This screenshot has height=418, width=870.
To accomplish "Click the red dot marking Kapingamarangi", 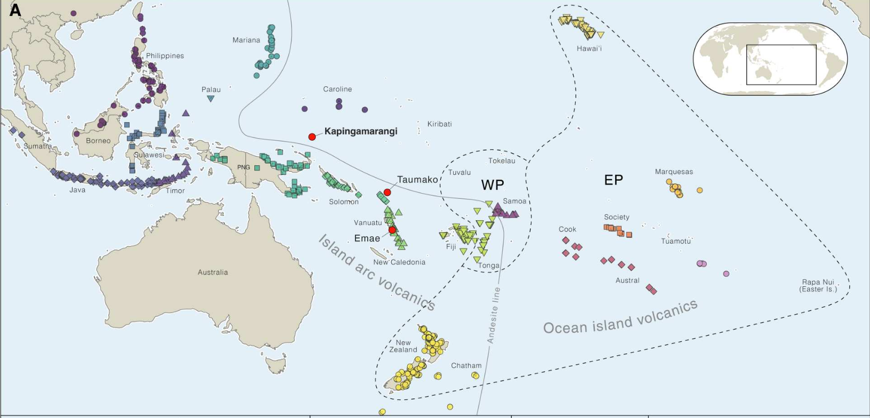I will [312, 137].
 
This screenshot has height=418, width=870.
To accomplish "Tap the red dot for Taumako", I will [388, 192].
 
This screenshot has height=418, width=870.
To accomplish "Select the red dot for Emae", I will [392, 230].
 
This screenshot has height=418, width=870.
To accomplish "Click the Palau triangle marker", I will [211, 99].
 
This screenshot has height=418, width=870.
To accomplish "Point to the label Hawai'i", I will [589, 49].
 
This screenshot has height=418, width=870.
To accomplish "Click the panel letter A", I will [15, 10].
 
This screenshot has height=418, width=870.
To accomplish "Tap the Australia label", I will [213, 272].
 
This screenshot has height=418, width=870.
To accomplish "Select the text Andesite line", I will [494, 315].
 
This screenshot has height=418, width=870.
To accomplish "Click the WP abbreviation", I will [493, 185].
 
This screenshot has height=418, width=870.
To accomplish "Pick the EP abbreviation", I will [614, 180].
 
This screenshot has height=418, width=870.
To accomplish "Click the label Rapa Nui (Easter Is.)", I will [818, 286].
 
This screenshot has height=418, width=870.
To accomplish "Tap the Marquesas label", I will [674, 172].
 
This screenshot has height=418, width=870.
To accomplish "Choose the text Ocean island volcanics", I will [620, 318].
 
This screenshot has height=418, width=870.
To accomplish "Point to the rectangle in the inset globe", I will [781, 65].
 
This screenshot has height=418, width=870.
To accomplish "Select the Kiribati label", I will [439, 124].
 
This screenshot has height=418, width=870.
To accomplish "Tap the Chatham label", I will [466, 366].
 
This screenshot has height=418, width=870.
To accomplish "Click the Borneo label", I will [98, 141].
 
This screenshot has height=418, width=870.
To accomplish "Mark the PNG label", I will [244, 167].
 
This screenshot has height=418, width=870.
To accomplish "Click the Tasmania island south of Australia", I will [276, 365].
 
